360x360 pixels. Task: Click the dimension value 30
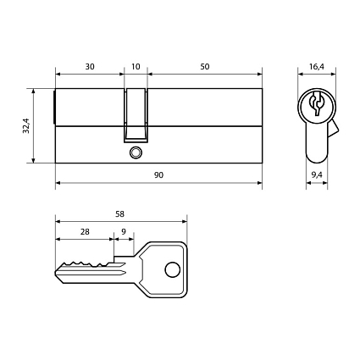(90, 65)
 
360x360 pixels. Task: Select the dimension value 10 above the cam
(136, 65)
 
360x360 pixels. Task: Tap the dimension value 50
(206, 65)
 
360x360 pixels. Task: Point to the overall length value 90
(159, 174)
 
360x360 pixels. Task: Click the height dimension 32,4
(27, 126)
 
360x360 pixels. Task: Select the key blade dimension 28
(85, 231)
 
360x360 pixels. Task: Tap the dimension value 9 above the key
(124, 231)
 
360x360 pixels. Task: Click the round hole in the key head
(173, 271)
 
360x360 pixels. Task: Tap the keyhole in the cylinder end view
(316, 106)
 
